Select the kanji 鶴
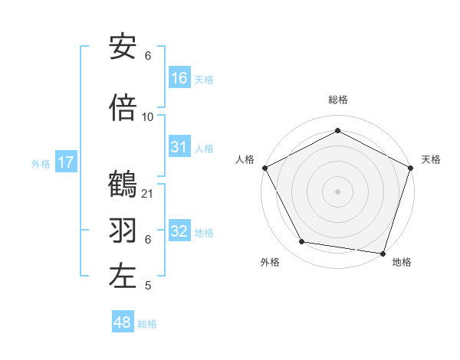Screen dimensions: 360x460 coord(123,185)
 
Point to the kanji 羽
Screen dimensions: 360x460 coord(123,229)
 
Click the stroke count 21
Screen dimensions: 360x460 coord(148,194)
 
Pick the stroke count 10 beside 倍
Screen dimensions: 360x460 coord(148,116)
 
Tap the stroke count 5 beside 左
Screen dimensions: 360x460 coord(148,286)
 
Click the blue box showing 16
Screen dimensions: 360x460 coord(179,78)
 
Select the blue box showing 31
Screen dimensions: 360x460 coord(179,147)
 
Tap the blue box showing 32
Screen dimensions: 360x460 coord(179,231)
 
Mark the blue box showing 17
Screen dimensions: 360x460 coord(65,162)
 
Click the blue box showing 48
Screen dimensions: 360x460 coord(123,322)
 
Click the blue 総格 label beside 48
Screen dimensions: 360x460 coord(147,324)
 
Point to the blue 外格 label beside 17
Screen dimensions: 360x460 coord(41,164)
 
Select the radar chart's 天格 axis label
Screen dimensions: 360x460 coord(431,159)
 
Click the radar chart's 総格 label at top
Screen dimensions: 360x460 coord(337,100)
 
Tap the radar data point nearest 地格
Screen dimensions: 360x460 coord(383,253)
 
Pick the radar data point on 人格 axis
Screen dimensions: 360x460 coord(264,168)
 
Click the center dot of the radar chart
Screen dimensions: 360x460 coord(337,191)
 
